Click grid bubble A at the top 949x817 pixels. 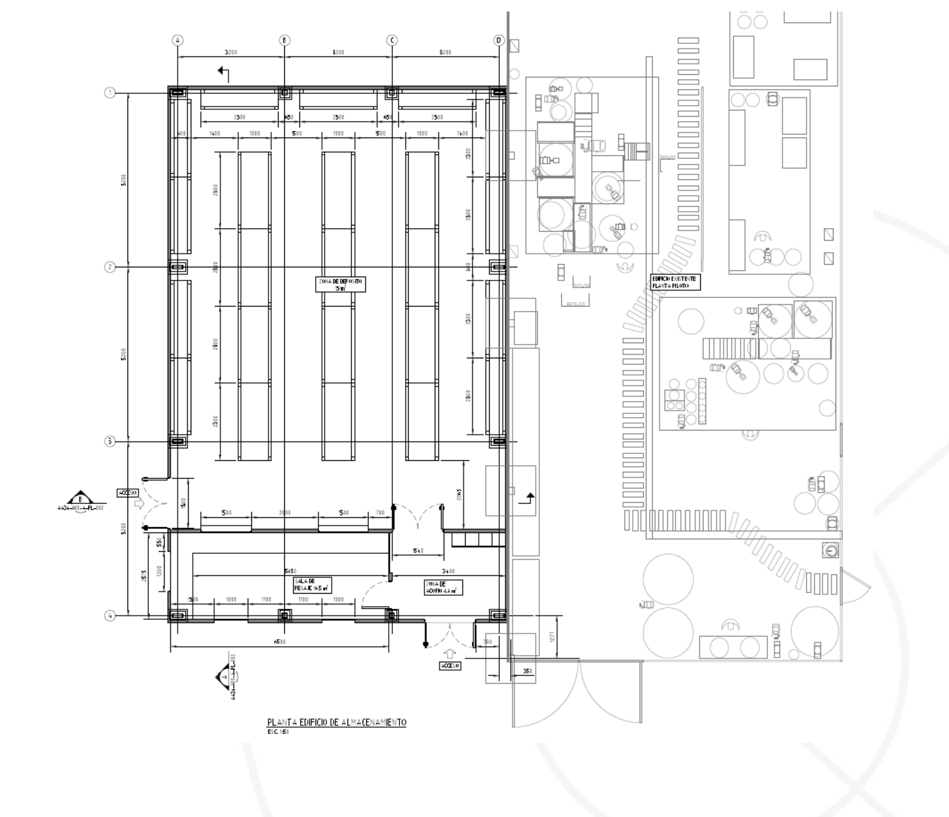pos(178,40)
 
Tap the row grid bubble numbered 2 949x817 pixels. pos(110,267)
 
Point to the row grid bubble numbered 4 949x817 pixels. pos(110,616)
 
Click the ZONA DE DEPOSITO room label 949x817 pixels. pos(340,285)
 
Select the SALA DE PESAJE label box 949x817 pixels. pos(313,585)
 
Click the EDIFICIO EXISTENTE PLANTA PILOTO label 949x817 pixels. pos(675,282)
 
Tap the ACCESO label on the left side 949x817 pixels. pos(127,493)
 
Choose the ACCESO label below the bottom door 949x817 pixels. pos(450,666)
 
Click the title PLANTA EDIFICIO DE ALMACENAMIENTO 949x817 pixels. pos(337,722)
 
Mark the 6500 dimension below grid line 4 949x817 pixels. pos(280,642)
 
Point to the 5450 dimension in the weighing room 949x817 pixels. pos(291,571)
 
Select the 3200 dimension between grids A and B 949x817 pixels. pos(230,52)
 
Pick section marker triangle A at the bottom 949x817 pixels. pos(222,676)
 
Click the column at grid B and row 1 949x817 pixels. pos(285,93)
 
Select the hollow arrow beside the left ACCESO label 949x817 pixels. pos(138,504)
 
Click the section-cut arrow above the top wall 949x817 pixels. pos(224,73)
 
